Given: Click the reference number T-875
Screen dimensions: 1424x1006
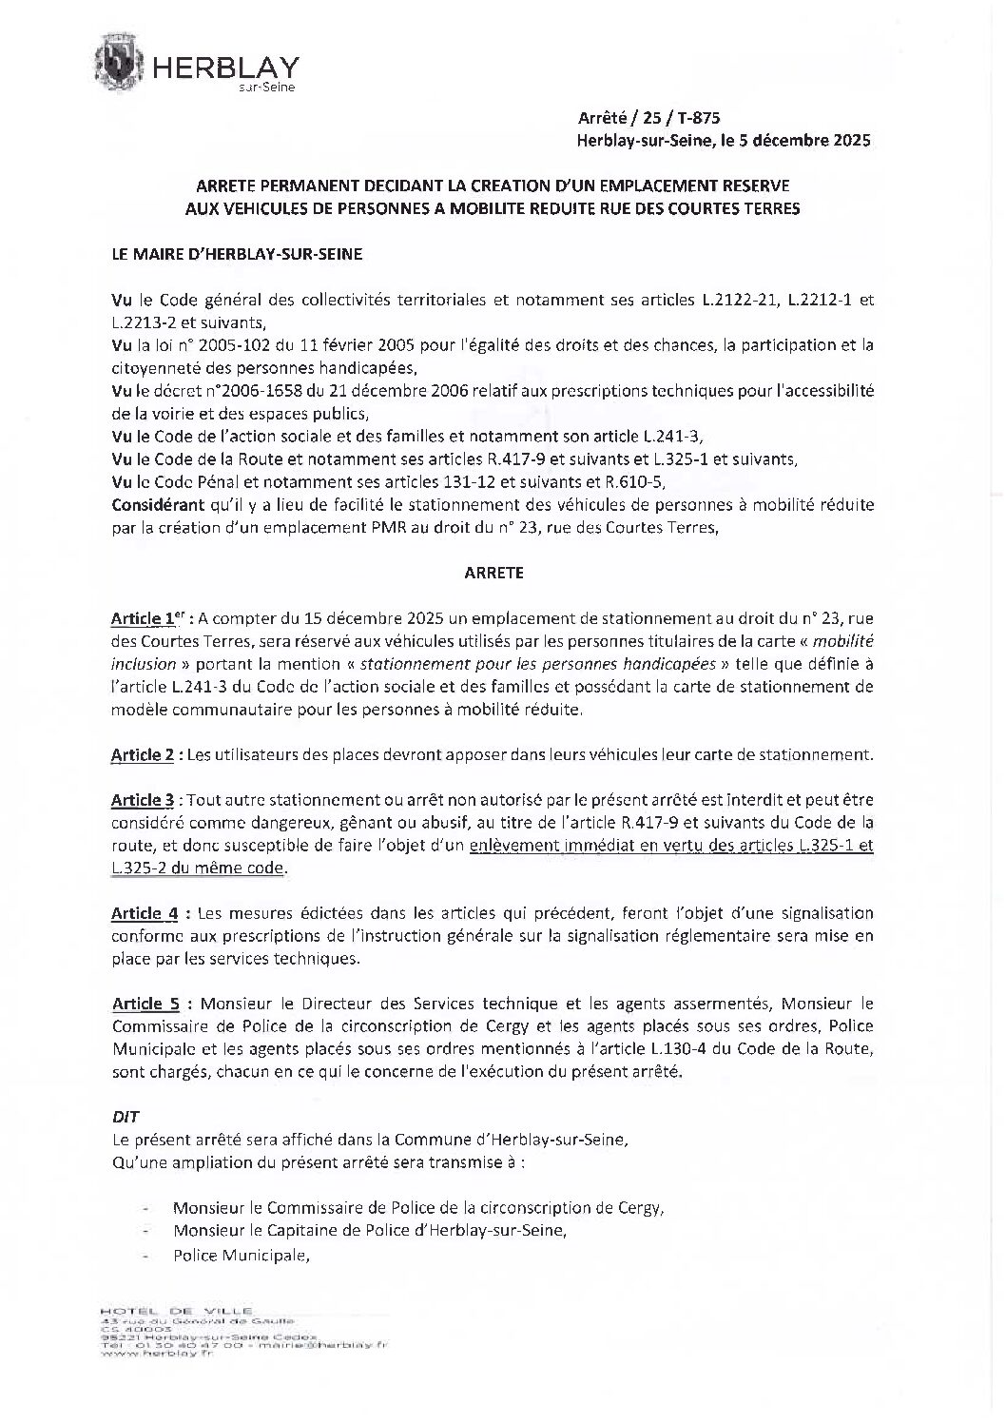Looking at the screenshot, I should (699, 118).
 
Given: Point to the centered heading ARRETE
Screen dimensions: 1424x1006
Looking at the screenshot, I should (493, 574).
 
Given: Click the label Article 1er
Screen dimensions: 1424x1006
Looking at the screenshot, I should (145, 618).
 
